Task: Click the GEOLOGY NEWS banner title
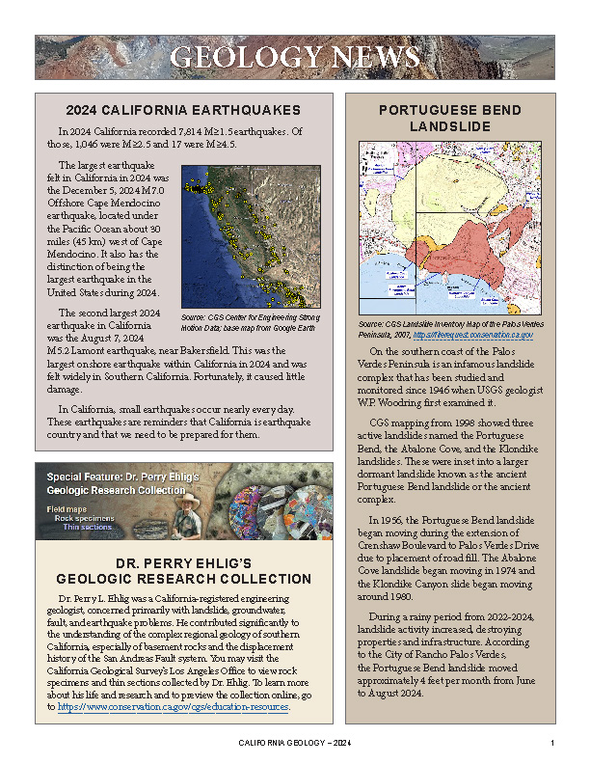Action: point(295,57)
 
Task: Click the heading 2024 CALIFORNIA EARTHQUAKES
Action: point(183,110)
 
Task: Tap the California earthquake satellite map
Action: point(251,235)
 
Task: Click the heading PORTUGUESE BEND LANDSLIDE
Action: point(451,119)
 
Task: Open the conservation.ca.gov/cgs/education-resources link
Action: point(174,707)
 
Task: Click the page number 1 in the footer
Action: point(552,743)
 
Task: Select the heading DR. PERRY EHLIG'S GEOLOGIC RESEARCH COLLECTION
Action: point(183,571)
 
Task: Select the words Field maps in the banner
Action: point(67,507)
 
